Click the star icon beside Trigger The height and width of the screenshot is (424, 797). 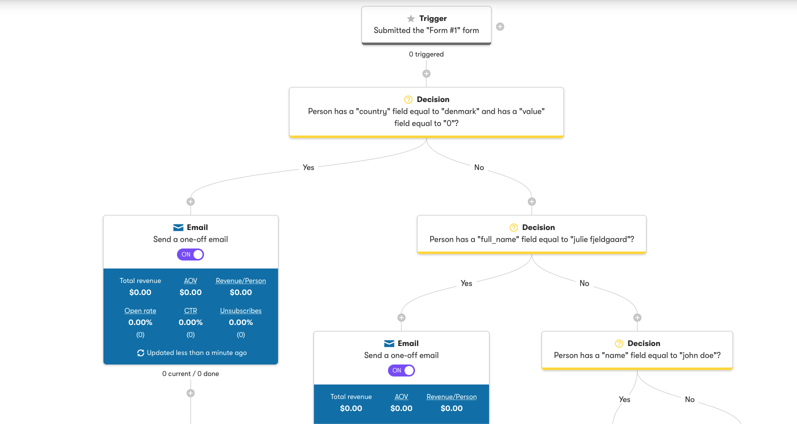pyautogui.click(x=411, y=18)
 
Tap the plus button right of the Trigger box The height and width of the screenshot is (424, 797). pyautogui.click(x=500, y=26)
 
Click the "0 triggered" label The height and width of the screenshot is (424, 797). pyautogui.click(x=426, y=54)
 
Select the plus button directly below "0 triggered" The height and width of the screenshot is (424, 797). pyautogui.click(x=426, y=73)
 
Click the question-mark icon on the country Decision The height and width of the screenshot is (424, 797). pyautogui.click(x=408, y=99)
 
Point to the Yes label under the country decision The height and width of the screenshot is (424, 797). pyautogui.click(x=308, y=167)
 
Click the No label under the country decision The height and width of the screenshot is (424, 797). pyautogui.click(x=479, y=167)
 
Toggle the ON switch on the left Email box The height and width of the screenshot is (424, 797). pyautogui.click(x=190, y=254)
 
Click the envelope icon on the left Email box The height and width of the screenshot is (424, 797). pyautogui.click(x=178, y=227)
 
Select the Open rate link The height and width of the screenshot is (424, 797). pyautogui.click(x=140, y=311)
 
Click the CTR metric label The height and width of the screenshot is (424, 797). pyautogui.click(x=190, y=311)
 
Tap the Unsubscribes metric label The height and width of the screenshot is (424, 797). pyautogui.click(x=240, y=311)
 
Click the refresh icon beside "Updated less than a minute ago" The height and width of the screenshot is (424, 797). pyautogui.click(x=140, y=353)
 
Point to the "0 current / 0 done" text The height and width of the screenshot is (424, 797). pyautogui.click(x=190, y=374)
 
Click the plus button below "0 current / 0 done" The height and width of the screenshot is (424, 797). pyautogui.click(x=190, y=393)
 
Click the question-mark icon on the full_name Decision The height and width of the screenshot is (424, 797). pyautogui.click(x=513, y=227)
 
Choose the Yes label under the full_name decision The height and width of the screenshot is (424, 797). pyautogui.click(x=466, y=283)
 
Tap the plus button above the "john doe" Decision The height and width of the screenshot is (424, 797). pyautogui.click(x=637, y=317)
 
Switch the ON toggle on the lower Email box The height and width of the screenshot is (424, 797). pyautogui.click(x=401, y=370)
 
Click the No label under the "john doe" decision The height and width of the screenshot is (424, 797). pyautogui.click(x=689, y=399)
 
